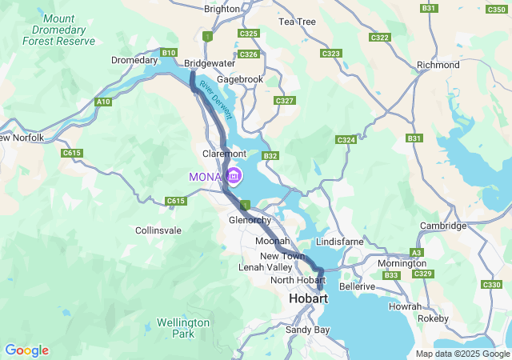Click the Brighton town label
[x=222, y=9]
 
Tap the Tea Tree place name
[x=297, y=22]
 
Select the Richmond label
[x=439, y=65]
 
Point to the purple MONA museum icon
[x=233, y=175]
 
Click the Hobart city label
[x=308, y=298]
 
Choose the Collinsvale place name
[x=158, y=230]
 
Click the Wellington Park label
[x=182, y=328]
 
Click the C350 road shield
[x=496, y=9]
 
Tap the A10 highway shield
[x=102, y=102]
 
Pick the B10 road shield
[x=168, y=53]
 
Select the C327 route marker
[x=284, y=101]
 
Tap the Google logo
[x=26, y=350]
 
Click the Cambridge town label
[x=443, y=226]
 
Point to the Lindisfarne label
[x=340, y=241]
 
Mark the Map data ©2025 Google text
[x=462, y=354]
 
